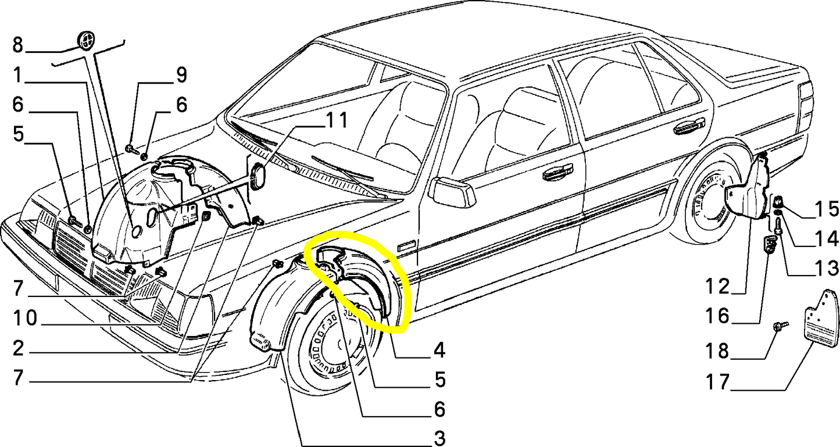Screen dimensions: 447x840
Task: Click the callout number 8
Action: coord(17,44)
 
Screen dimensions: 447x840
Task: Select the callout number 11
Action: coord(335,121)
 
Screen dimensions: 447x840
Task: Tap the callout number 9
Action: coord(181,75)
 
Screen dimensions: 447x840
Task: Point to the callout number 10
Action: coord(27,319)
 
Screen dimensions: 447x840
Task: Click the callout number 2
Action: coord(17,349)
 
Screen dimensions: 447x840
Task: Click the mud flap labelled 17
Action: coord(822,320)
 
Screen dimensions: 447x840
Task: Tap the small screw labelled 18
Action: coord(780,328)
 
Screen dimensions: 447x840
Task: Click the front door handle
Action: coord(557,172)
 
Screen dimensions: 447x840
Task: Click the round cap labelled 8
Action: coord(85,41)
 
